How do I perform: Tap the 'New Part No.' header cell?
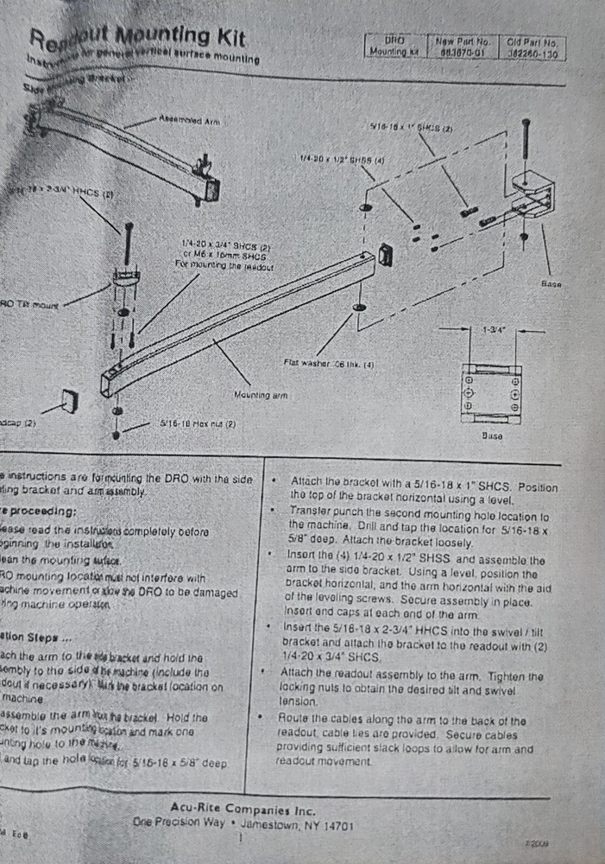[x=462, y=41]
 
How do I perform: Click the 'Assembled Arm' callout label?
[x=189, y=121]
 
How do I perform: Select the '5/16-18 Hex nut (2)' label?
[x=199, y=425]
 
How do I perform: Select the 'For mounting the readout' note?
[x=223, y=265]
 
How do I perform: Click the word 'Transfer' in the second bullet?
[x=310, y=511]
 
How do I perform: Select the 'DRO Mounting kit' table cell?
[x=394, y=47]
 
